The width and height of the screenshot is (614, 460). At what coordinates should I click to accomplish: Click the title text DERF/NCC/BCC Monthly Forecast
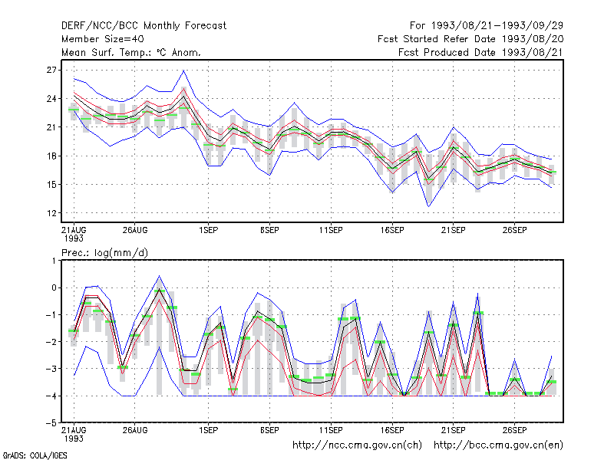point(144,26)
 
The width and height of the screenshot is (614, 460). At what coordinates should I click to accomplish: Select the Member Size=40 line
point(103,39)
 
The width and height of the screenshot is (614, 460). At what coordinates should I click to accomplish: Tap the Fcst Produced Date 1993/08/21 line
point(480,52)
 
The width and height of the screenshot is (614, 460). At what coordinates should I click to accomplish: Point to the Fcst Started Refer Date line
point(470,39)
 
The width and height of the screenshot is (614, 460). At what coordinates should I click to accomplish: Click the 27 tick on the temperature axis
point(51,70)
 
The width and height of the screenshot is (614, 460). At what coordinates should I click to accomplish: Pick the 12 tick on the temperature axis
point(51,213)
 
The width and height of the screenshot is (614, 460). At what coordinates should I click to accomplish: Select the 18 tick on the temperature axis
point(51,156)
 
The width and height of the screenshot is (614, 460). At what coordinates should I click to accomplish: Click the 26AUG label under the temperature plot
point(135,230)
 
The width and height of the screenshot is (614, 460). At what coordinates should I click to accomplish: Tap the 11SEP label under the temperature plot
point(331,230)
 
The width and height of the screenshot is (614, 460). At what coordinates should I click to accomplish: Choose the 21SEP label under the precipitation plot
point(454,430)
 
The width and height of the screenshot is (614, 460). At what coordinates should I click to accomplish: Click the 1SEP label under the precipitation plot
point(208,430)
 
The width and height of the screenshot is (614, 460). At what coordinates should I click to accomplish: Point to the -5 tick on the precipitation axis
point(51,423)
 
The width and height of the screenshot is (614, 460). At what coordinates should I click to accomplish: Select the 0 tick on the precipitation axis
point(54,288)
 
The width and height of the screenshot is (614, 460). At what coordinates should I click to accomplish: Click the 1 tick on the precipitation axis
point(54,261)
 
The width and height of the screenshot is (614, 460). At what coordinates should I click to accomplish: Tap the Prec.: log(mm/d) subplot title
point(104,253)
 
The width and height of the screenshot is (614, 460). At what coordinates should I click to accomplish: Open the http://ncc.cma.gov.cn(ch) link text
point(357,445)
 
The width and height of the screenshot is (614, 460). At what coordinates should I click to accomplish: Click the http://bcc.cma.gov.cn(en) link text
point(498,445)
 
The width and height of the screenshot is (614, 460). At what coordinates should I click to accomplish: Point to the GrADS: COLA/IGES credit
point(35,455)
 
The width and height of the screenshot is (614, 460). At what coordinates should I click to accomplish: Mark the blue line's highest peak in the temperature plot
point(183,71)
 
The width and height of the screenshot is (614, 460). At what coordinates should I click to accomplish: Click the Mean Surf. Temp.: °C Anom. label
point(131,52)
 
